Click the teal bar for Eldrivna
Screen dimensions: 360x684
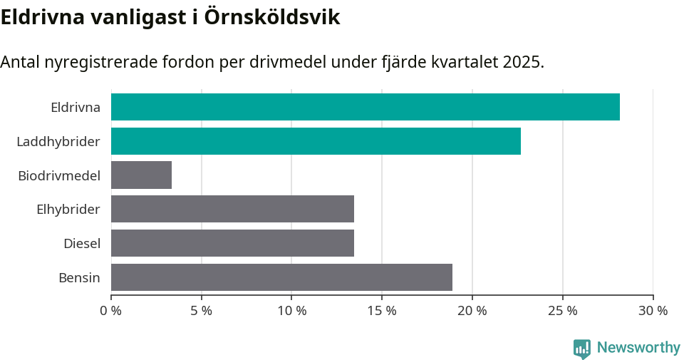[365, 107]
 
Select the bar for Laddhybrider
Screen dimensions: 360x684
[316, 141]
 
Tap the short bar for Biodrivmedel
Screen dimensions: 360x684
[141, 175]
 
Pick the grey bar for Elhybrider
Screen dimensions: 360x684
[232, 209]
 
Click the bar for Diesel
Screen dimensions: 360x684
[232, 243]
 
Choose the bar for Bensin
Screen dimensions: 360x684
[281, 277]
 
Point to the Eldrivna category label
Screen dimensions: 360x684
[75, 108]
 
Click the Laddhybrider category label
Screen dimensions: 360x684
[58, 142]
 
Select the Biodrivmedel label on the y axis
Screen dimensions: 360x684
[59, 175]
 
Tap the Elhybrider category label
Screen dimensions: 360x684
[68, 210]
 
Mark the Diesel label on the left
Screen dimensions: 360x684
[82, 244]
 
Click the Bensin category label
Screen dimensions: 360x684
[79, 278]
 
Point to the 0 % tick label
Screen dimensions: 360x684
[111, 311]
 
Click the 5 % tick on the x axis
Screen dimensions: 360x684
[202, 311]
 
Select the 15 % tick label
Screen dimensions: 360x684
[382, 311]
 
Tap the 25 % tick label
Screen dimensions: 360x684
[563, 311]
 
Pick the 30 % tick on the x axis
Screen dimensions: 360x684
[653, 311]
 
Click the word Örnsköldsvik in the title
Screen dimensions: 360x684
[271, 17]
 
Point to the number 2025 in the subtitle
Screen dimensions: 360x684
[522, 62]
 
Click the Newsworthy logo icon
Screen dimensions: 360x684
[581, 348]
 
